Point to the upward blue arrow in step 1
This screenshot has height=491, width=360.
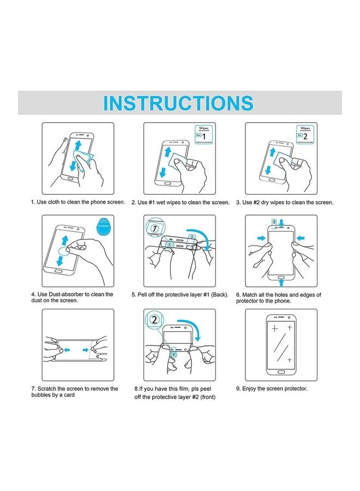(x=79, y=146)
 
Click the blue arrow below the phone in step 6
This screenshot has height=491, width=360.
(x=281, y=284)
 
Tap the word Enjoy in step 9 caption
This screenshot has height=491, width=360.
(x=250, y=388)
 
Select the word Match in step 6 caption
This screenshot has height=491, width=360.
(x=251, y=295)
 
